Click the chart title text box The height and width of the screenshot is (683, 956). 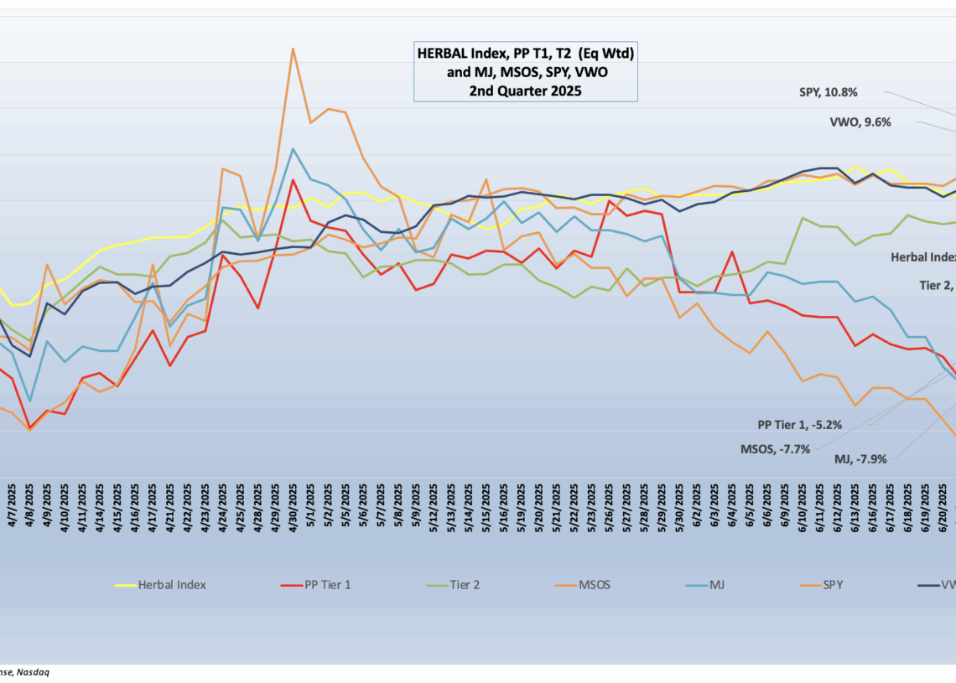[x=526, y=72]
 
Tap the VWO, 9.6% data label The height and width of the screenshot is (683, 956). [x=860, y=122]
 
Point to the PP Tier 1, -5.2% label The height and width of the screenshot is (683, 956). [x=798, y=425]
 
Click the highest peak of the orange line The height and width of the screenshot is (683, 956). [x=293, y=49]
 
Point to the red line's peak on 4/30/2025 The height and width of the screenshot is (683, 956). [x=293, y=180]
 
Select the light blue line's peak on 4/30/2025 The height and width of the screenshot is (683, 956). [x=293, y=149]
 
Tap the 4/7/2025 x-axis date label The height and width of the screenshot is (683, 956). [x=13, y=507]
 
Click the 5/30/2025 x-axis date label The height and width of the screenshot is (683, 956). [x=679, y=507]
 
